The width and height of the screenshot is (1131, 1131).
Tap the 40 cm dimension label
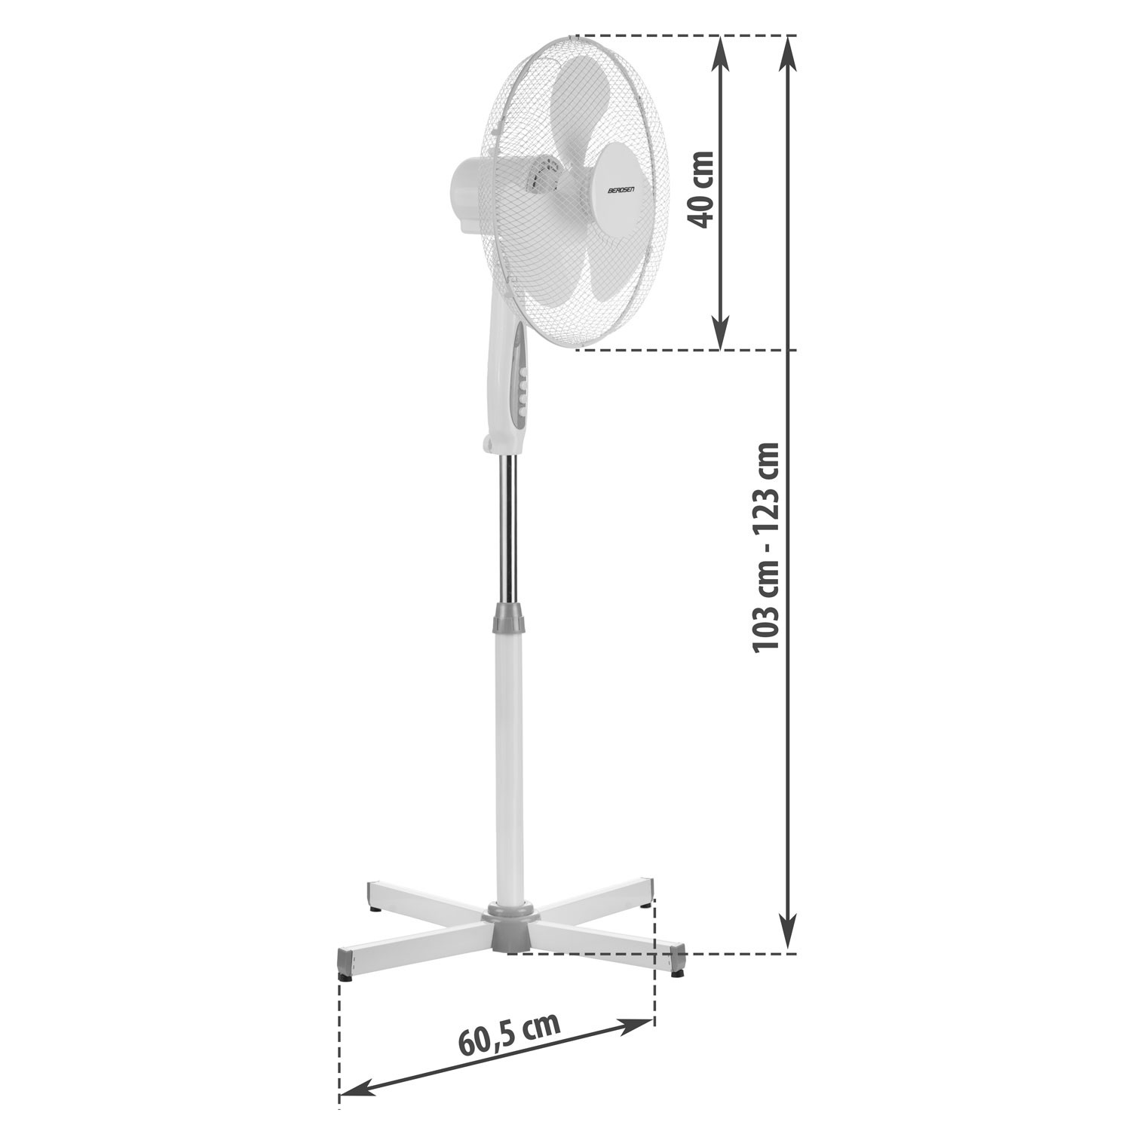pyautogui.click(x=700, y=188)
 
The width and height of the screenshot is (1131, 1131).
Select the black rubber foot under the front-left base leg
pyautogui.click(x=346, y=978)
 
